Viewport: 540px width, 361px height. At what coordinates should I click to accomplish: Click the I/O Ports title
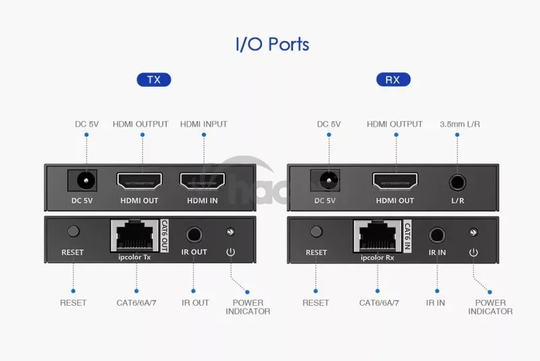click(x=272, y=44)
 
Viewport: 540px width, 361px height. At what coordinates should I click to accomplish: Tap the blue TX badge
click(x=154, y=79)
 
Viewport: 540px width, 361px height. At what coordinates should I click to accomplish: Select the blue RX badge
click(x=393, y=79)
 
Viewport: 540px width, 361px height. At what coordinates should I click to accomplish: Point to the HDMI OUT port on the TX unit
click(x=139, y=180)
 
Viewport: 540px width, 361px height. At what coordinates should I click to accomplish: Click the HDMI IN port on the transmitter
click(x=202, y=180)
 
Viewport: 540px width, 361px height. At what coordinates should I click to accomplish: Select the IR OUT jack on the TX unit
click(x=194, y=234)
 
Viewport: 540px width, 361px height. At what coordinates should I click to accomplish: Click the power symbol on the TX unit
click(x=230, y=253)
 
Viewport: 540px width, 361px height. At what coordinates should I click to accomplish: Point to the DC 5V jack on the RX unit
click(x=327, y=180)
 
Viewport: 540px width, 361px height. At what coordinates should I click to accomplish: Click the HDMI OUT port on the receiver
click(x=395, y=180)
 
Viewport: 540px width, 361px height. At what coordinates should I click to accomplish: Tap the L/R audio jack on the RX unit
click(x=458, y=180)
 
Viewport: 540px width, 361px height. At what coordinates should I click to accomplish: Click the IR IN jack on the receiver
click(x=437, y=234)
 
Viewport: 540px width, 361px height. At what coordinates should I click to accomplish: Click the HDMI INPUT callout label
click(x=204, y=124)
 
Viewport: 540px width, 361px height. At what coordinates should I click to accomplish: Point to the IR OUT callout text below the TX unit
click(x=195, y=302)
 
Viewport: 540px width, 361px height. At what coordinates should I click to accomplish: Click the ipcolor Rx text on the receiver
click(x=377, y=258)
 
